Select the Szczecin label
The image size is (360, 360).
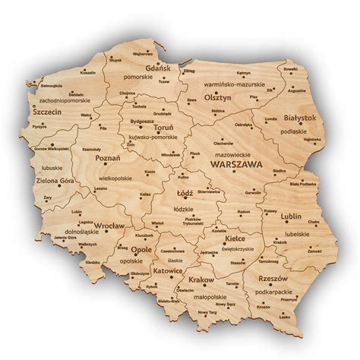(47, 111)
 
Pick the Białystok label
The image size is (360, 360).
(298, 119)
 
